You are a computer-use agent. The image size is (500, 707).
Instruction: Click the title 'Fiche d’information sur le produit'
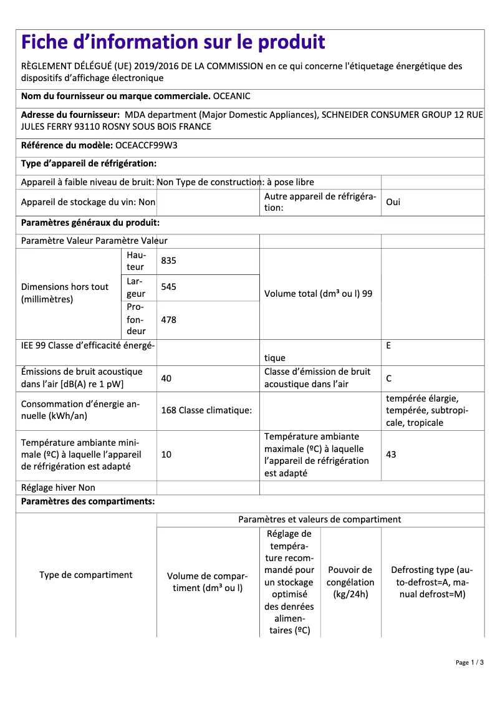click(173, 42)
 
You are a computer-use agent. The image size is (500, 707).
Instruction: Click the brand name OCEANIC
click(232, 97)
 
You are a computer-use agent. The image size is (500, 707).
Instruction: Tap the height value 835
click(168, 261)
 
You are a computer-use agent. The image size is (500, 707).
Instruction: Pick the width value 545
click(168, 287)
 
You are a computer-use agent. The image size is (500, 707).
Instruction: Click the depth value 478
click(168, 320)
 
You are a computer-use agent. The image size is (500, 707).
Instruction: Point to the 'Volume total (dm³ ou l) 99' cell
click(318, 294)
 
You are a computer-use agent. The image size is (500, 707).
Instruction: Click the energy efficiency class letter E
click(388, 345)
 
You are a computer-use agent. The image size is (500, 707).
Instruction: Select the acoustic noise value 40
click(166, 378)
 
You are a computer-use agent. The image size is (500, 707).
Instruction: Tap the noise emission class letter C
click(389, 378)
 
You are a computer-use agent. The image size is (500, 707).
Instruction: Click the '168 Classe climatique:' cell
click(206, 410)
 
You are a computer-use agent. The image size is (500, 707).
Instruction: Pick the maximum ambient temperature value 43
click(391, 455)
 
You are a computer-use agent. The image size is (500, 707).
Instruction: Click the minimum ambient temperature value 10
click(166, 455)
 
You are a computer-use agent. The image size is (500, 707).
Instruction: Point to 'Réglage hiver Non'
click(58, 488)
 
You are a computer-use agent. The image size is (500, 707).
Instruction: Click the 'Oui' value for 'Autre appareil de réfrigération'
click(393, 203)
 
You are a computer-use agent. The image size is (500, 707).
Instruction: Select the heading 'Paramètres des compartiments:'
click(88, 501)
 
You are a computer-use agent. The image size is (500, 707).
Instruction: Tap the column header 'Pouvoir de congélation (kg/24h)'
click(350, 582)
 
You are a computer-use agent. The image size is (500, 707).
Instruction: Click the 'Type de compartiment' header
click(86, 575)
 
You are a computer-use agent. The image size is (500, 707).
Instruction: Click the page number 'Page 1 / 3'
click(469, 662)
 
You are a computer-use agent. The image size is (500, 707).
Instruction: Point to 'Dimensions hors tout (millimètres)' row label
click(65, 293)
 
